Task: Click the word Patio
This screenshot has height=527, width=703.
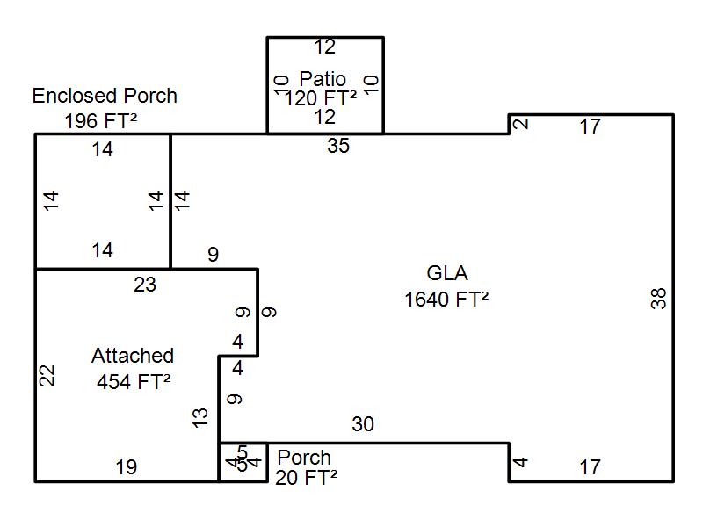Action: click(x=323, y=78)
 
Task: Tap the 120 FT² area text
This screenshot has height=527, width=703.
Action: click(x=320, y=97)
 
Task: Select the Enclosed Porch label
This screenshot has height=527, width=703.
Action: click(x=105, y=96)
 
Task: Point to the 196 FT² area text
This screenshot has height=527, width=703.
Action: click(x=101, y=120)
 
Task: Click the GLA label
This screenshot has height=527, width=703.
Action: click(x=447, y=273)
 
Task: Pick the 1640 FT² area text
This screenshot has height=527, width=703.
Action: click(x=446, y=300)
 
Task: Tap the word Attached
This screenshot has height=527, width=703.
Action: click(x=133, y=356)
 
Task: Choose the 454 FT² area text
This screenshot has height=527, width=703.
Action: click(x=134, y=382)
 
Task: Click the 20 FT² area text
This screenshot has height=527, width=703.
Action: click(x=306, y=478)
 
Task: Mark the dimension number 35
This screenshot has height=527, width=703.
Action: click(x=338, y=146)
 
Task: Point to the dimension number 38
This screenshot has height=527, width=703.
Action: click(x=659, y=298)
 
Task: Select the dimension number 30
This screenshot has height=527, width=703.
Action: click(x=363, y=425)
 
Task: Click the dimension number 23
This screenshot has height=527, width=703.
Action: click(x=145, y=284)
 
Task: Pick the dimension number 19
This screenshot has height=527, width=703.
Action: click(x=127, y=467)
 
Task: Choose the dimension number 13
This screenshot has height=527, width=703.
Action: click(x=200, y=418)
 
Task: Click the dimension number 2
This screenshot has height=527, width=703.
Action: click(x=521, y=123)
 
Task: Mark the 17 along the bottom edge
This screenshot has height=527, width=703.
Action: click(x=591, y=467)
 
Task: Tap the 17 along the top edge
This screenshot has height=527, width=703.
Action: click(x=591, y=126)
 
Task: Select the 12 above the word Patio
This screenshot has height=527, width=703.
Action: click(x=325, y=47)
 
